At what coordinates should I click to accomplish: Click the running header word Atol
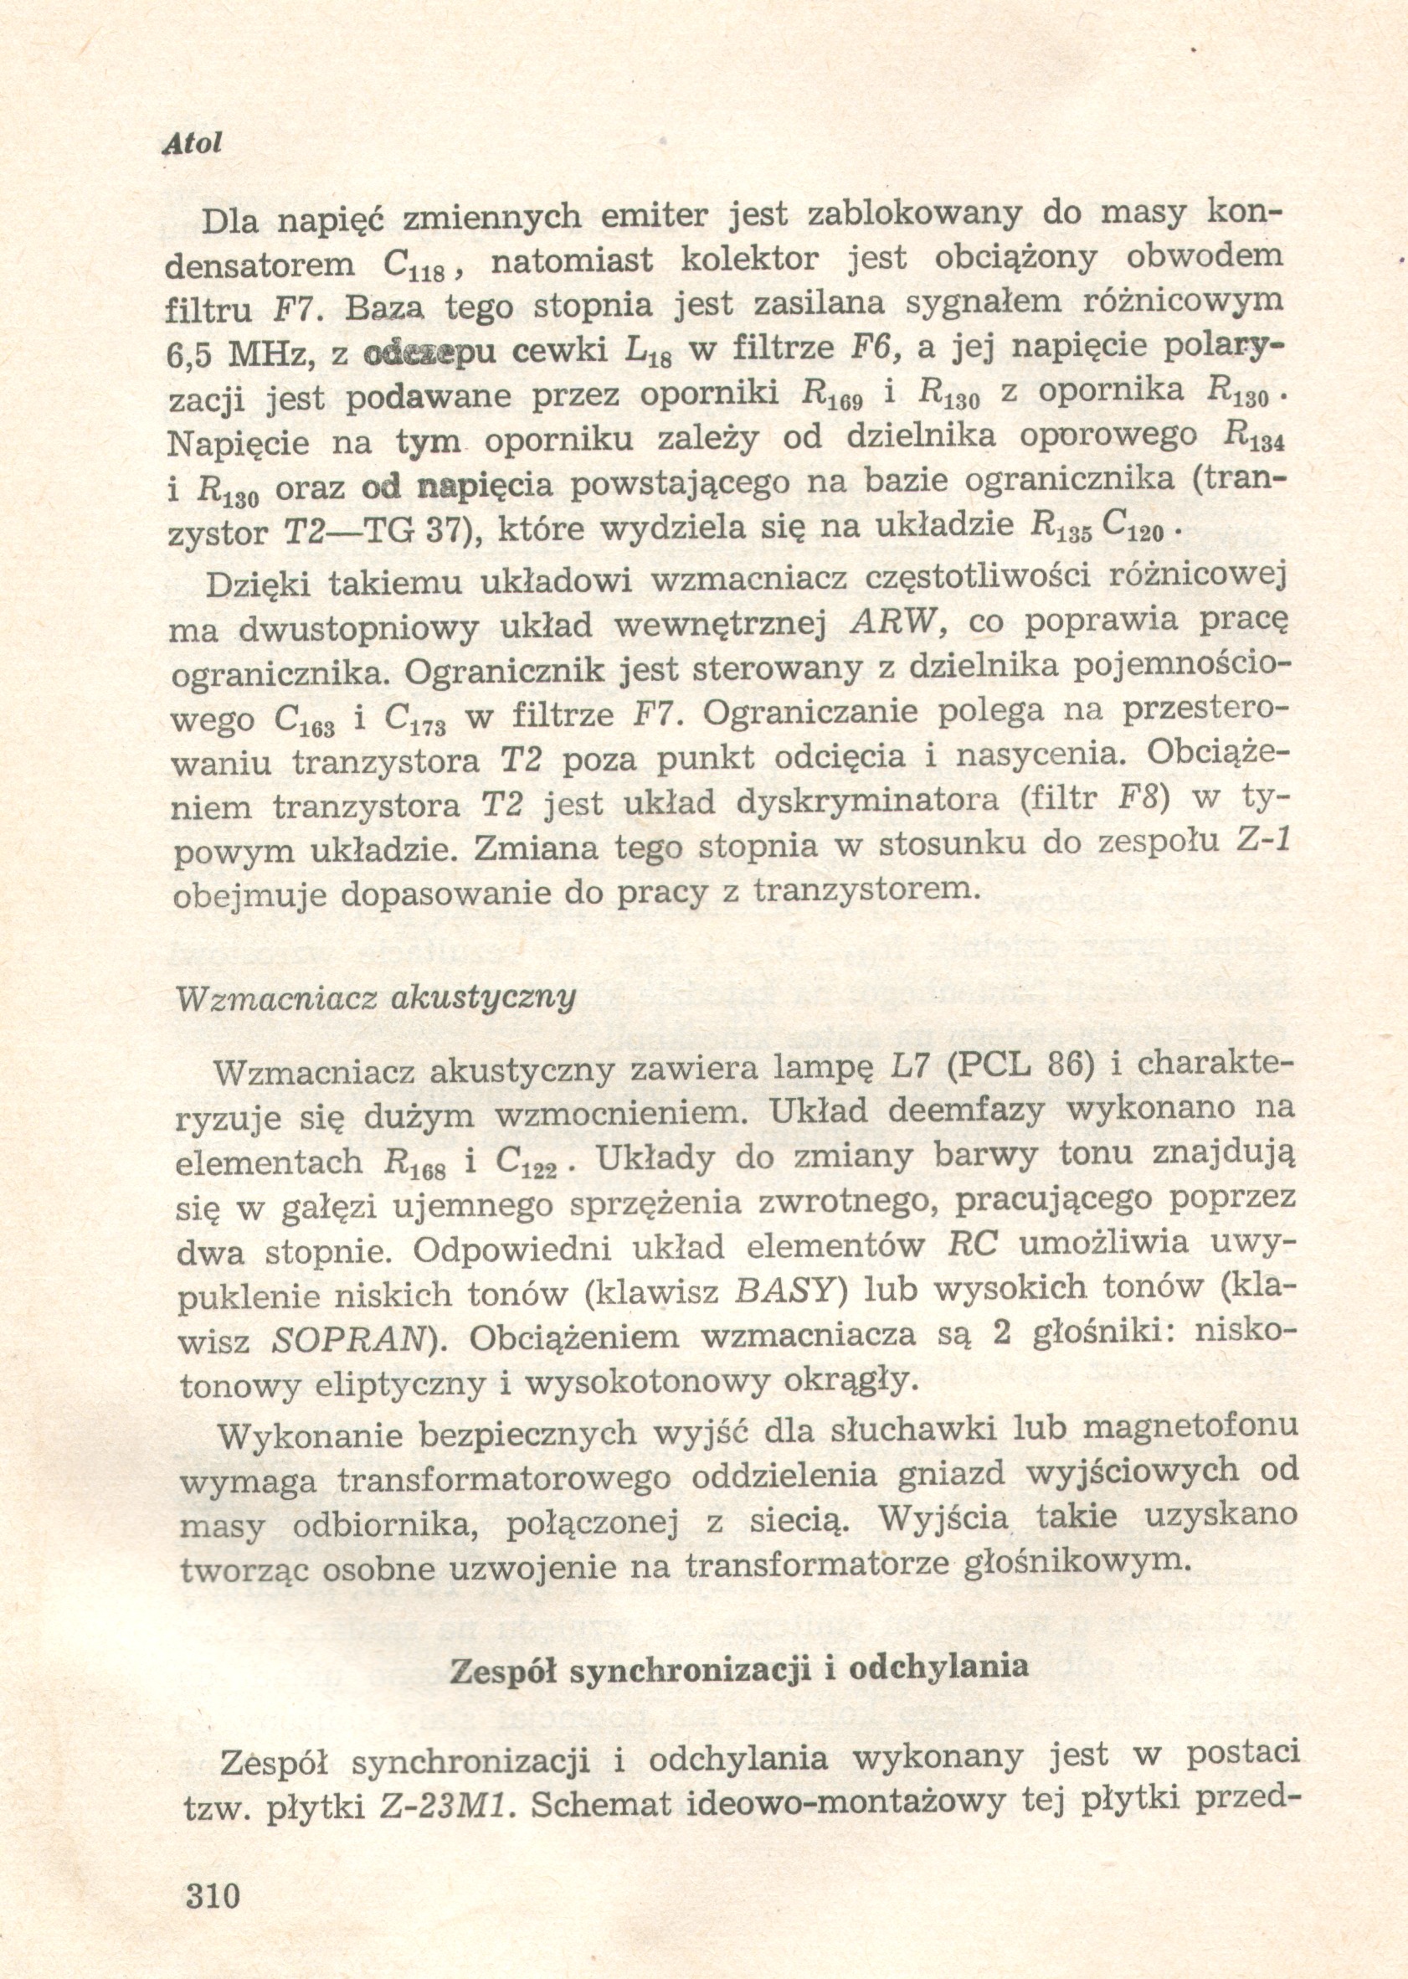(193, 142)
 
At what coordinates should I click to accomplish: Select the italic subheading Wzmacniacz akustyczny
(375, 997)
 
